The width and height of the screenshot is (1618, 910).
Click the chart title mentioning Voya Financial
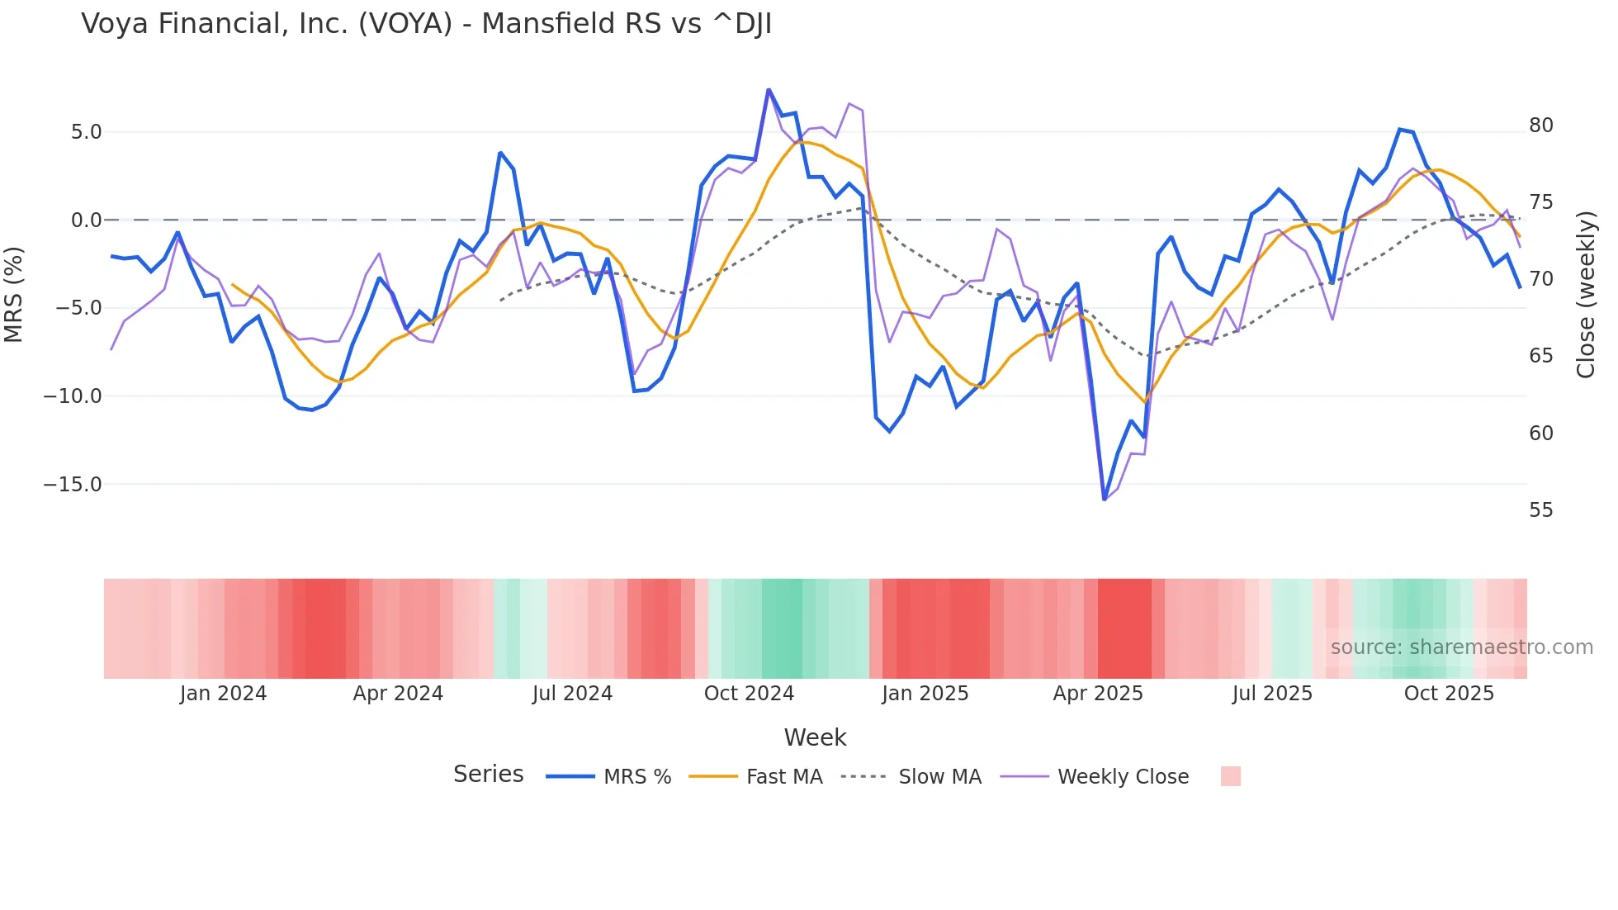click(x=426, y=24)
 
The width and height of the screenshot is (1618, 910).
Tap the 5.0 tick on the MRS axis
click(x=86, y=132)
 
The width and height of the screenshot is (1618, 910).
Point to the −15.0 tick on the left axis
click(x=73, y=485)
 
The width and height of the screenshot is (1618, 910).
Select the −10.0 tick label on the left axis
click(x=73, y=396)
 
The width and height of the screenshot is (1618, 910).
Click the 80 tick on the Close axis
click(x=1540, y=126)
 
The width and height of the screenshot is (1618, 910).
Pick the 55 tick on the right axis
click(x=1540, y=510)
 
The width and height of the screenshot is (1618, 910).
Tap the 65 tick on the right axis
click(x=1540, y=356)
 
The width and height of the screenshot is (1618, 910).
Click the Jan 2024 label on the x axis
click(x=223, y=694)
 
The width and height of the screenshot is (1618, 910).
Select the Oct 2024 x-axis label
click(x=749, y=694)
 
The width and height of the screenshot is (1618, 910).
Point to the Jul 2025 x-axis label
click(x=1272, y=694)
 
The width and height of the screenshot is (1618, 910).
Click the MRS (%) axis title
click(x=14, y=294)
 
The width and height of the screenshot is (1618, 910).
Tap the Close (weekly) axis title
click(x=1585, y=295)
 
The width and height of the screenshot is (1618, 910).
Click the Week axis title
click(x=815, y=737)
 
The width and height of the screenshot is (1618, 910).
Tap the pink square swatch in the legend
click(x=1230, y=776)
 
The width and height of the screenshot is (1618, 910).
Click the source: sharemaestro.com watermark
click(x=1461, y=647)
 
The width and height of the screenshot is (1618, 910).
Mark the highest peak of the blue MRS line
click(x=769, y=89)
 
